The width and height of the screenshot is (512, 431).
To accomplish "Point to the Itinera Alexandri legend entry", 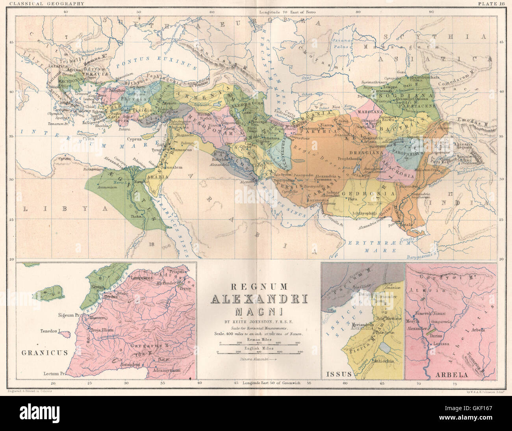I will tap(259, 359).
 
